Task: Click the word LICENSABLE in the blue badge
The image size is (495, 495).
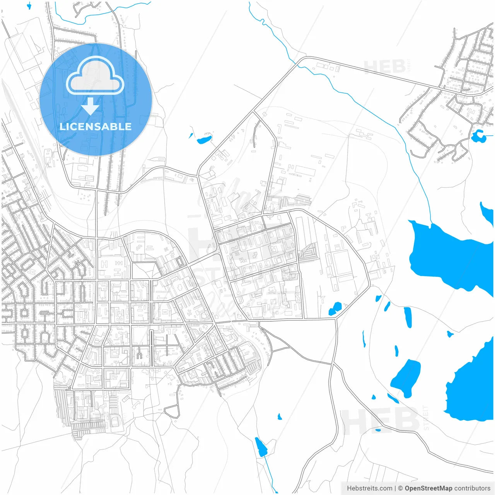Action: click(95, 126)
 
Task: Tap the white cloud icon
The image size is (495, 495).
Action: click(95, 75)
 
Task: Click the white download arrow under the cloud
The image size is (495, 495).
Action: click(90, 106)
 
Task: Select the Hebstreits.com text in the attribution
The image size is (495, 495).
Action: click(369, 488)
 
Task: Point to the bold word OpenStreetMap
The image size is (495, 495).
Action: click(428, 488)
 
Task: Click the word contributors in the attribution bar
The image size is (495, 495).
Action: click(472, 488)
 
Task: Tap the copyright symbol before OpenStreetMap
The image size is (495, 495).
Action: click(400, 488)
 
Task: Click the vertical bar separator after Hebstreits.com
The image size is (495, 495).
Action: click(395, 488)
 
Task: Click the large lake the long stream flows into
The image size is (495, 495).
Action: click(445, 255)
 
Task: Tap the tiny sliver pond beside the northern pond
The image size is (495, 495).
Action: click(191, 136)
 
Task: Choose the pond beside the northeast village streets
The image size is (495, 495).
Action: click(479, 136)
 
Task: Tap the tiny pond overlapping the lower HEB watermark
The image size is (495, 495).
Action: click(378, 430)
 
